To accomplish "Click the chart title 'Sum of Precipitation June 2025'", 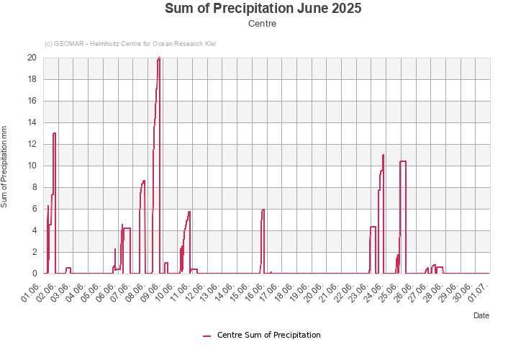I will pos(263,9).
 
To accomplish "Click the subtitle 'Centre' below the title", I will pos(263,24).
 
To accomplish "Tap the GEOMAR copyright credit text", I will pos(130,44).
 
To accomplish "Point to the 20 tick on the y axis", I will pos(32,58).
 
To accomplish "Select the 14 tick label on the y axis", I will pos(32,122).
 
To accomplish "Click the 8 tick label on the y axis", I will pos(34,187).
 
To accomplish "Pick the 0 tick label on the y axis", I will pos(34,274).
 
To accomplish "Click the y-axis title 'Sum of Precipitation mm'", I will pos(4,166).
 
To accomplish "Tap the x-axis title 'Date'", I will pos(481,315).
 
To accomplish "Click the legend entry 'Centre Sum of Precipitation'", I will pos(262,335).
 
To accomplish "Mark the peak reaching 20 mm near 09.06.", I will pos(158,59).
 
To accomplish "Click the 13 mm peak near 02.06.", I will pos(54,133).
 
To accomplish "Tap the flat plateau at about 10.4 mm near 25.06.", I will pos(403,161).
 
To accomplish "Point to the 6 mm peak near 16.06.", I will pos(263,210).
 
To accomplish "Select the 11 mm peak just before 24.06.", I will pos(384,155).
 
